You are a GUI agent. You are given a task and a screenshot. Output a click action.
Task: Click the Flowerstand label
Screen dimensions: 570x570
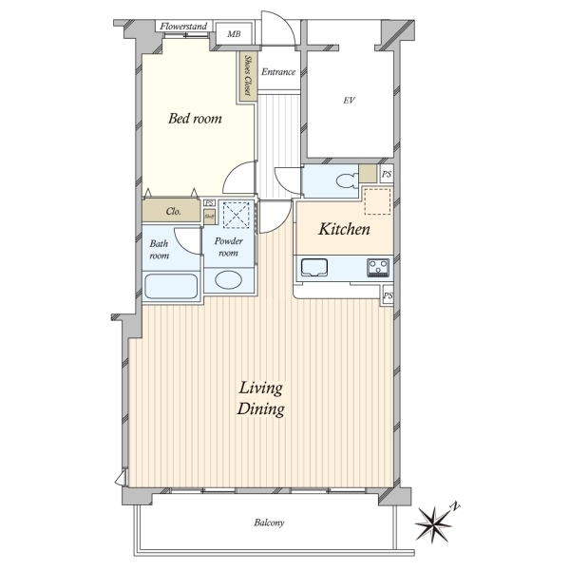[x=183, y=27]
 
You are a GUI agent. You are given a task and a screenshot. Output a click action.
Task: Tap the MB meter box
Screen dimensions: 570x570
[x=234, y=34]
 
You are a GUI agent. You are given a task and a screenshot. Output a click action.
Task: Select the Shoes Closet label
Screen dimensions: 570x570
[x=249, y=76]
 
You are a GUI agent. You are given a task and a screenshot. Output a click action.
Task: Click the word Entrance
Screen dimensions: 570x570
[x=278, y=72]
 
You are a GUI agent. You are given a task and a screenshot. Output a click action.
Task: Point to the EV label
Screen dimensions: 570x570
[x=349, y=101]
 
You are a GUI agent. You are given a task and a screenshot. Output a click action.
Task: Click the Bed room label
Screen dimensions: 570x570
[x=195, y=119]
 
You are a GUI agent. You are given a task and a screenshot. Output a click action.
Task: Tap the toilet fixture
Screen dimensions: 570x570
[x=347, y=181]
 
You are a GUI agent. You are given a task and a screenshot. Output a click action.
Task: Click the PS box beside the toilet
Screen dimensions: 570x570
[x=387, y=174]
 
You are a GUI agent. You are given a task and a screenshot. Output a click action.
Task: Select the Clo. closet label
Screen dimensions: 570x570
[x=174, y=211]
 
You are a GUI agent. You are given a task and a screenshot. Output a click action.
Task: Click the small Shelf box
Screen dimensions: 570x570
[x=209, y=217]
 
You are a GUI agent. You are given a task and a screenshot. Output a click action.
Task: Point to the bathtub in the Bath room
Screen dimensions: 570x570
[x=171, y=286]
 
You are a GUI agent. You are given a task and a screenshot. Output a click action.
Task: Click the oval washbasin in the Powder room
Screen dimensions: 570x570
[x=228, y=280]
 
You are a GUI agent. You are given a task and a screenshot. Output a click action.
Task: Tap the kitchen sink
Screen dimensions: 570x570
[x=314, y=268]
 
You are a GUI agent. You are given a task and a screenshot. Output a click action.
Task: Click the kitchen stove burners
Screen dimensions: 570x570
[x=378, y=267]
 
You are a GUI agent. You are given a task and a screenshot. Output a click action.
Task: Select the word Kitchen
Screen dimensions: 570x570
[x=344, y=229]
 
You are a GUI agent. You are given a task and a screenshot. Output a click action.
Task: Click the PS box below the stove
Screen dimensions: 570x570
[x=388, y=295]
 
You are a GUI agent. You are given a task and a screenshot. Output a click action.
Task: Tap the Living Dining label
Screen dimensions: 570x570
[x=260, y=398]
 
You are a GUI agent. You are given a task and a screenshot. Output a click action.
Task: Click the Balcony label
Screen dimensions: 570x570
[x=269, y=522]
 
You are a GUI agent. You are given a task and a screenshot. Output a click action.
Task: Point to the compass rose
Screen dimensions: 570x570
[x=434, y=523]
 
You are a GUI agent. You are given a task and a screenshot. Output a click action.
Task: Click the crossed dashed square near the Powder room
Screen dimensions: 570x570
[x=236, y=216]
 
